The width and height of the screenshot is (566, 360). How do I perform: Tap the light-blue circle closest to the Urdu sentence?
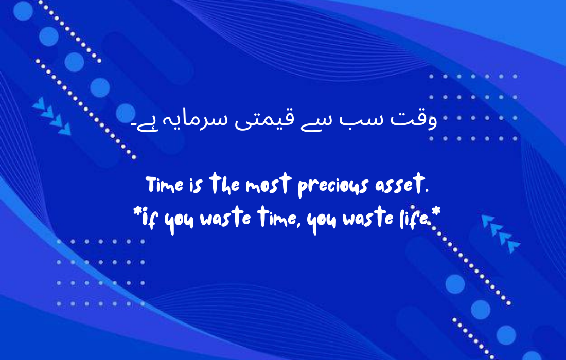coord(126,113)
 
